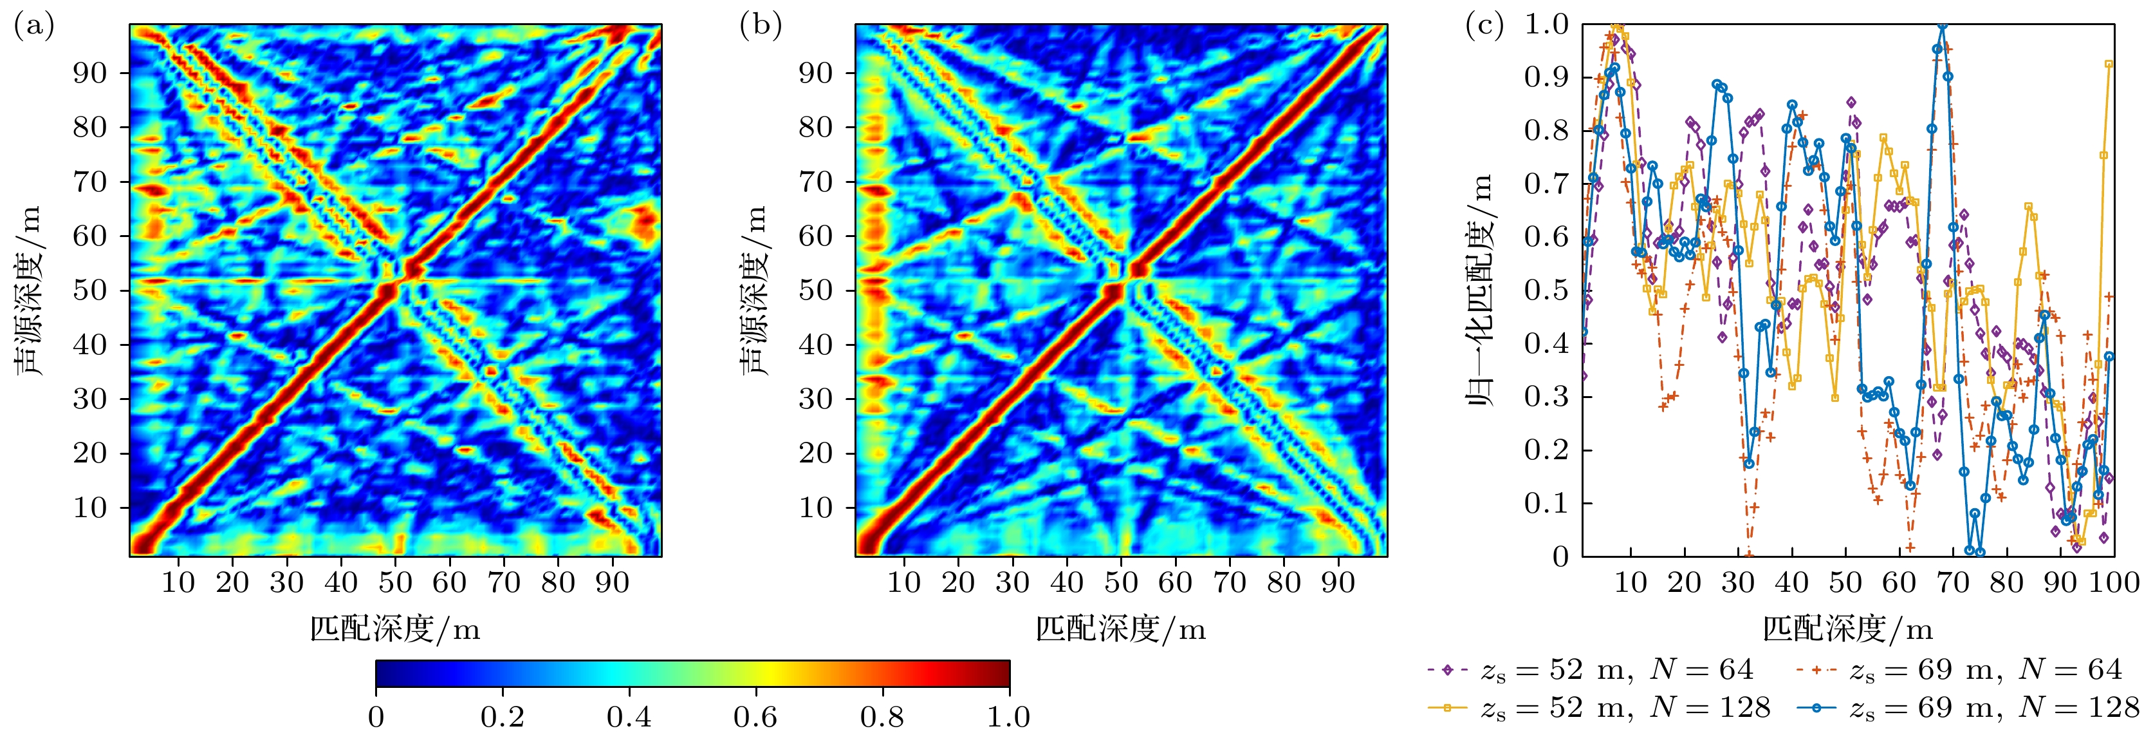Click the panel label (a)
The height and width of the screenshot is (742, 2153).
point(34,27)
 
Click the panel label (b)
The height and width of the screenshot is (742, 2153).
point(761,27)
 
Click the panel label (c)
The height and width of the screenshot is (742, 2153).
point(1484,27)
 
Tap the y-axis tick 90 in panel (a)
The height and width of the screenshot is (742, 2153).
point(90,73)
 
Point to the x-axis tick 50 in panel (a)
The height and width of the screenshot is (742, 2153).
point(395,582)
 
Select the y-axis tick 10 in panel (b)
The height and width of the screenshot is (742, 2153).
point(817,508)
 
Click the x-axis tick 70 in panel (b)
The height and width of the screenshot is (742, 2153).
point(1230,582)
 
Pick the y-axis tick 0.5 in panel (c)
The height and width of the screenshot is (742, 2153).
point(1546,290)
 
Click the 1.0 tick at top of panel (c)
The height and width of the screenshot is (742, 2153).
point(1546,24)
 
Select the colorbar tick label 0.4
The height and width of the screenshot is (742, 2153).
point(629,717)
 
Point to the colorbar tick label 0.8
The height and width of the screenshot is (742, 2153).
point(883,717)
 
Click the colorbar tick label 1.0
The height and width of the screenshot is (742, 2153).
point(1008,717)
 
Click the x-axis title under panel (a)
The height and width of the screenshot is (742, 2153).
point(395,629)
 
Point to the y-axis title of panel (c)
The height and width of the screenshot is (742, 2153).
point(1481,290)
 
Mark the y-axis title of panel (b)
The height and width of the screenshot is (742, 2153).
point(754,290)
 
